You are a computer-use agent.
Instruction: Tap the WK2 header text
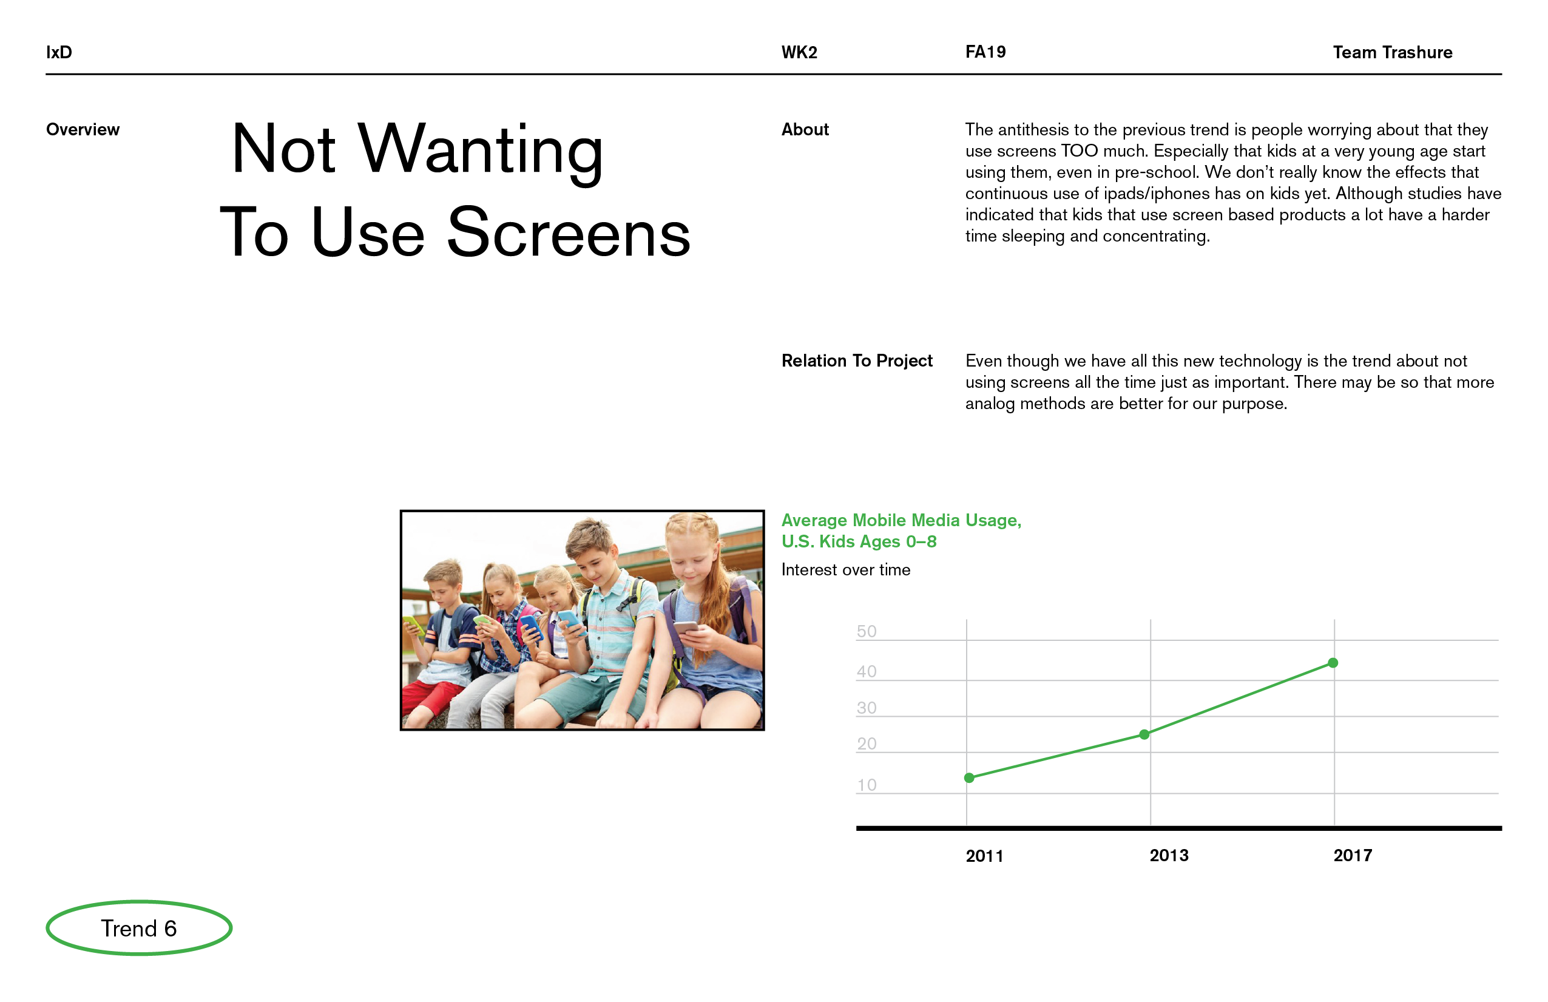pyautogui.click(x=799, y=52)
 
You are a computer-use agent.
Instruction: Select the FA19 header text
pyautogui.click(x=985, y=52)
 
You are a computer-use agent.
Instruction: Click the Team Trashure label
pyautogui.click(x=1392, y=52)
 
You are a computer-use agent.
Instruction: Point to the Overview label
pyautogui.click(x=83, y=129)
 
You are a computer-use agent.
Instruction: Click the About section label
pyautogui.click(x=805, y=129)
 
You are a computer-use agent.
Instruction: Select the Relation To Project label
pyautogui.click(x=857, y=361)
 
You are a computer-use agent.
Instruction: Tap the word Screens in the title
pyautogui.click(x=569, y=232)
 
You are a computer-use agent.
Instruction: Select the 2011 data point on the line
pyautogui.click(x=968, y=777)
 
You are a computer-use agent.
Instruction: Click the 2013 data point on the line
pyautogui.click(x=1144, y=734)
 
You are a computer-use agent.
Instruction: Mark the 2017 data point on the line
pyautogui.click(x=1333, y=662)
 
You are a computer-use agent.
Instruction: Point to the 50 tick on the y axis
pyautogui.click(x=867, y=631)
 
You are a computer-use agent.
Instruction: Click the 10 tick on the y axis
pyautogui.click(x=867, y=785)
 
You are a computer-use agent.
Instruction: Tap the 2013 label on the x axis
pyautogui.click(x=1169, y=856)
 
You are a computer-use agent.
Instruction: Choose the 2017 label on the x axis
pyautogui.click(x=1353, y=856)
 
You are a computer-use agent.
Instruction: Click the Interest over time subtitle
pyautogui.click(x=845, y=570)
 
